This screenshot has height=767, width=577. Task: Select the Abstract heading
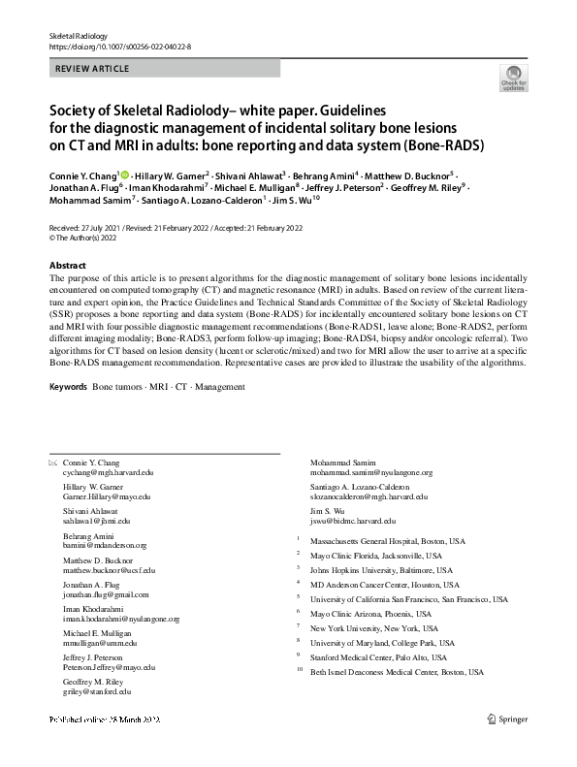[68, 266]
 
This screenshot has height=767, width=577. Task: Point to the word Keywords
[68, 386]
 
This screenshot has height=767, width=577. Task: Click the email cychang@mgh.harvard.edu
[108, 472]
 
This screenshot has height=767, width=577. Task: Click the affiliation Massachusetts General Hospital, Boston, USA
[388, 540]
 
